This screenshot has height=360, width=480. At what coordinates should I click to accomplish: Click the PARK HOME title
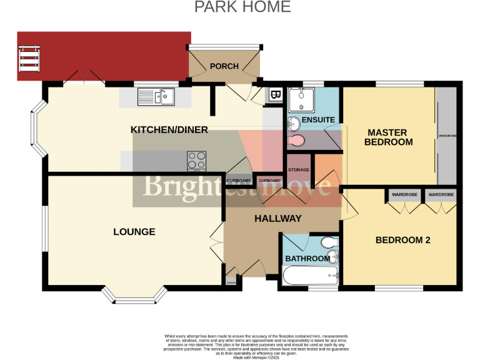(242, 7)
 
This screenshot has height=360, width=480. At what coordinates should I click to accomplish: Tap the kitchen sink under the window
(157, 97)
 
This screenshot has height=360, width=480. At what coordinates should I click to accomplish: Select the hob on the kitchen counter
(197, 161)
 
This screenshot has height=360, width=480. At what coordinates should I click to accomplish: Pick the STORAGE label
(299, 169)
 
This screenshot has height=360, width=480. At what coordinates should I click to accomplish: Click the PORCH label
(224, 66)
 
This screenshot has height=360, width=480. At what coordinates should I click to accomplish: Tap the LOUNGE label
(134, 232)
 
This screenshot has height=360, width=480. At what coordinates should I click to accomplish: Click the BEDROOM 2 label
(402, 239)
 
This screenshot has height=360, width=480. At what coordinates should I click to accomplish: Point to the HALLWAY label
(277, 219)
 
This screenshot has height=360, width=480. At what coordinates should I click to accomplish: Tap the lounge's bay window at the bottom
(134, 296)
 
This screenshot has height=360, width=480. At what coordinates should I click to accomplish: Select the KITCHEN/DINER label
(169, 129)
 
